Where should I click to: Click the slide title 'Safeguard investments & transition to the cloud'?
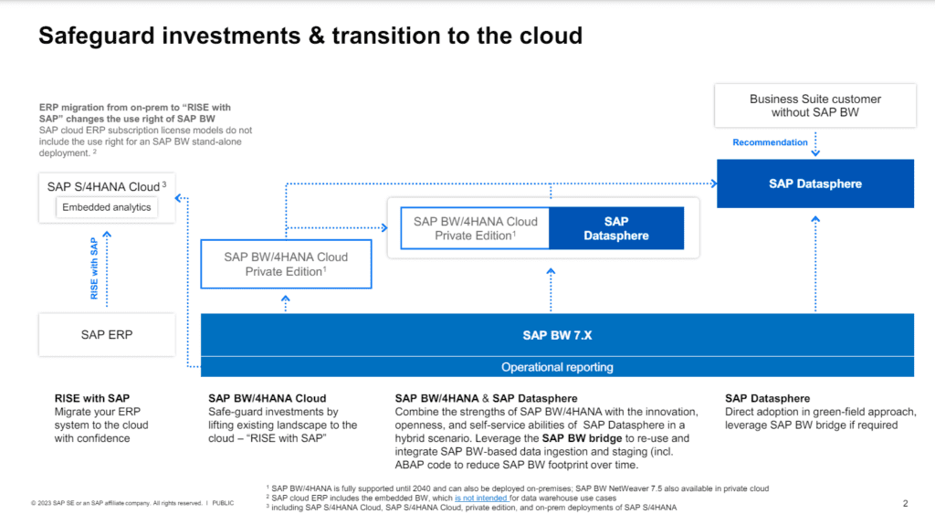(x=310, y=36)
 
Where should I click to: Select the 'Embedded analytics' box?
(x=107, y=207)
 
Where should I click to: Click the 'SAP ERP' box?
(x=107, y=335)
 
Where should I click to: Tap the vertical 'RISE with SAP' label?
(x=93, y=268)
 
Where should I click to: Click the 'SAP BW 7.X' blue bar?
(x=557, y=335)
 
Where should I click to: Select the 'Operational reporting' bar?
(x=557, y=367)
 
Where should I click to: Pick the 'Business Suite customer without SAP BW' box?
(x=815, y=106)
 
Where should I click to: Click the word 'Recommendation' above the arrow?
(x=770, y=142)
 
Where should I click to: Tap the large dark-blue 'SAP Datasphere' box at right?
(x=815, y=184)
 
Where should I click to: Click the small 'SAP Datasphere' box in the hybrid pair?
(x=616, y=228)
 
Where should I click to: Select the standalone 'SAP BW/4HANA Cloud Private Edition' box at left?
(x=286, y=264)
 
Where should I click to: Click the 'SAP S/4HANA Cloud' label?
(x=103, y=187)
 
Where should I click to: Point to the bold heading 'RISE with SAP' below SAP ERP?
(x=93, y=398)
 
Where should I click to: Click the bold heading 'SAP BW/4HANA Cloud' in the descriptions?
(x=267, y=398)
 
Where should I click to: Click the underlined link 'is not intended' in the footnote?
(x=483, y=498)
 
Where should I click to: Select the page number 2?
(x=905, y=503)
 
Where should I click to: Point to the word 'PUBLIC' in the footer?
(x=223, y=504)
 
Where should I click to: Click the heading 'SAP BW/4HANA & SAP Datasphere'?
(x=486, y=398)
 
